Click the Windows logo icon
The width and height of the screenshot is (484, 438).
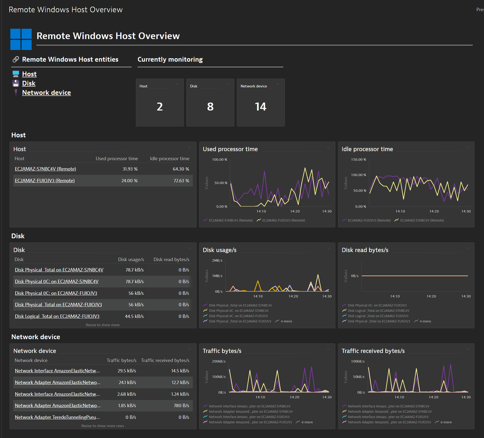(21, 39)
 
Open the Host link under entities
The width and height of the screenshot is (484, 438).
(29, 74)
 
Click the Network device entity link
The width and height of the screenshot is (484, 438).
(47, 93)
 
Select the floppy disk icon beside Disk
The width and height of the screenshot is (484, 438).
(16, 83)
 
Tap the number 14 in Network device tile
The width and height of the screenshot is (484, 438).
(260, 107)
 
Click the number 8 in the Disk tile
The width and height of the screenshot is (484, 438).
(210, 107)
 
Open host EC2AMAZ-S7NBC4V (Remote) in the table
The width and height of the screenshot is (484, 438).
(45, 169)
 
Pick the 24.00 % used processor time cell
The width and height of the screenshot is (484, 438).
(129, 181)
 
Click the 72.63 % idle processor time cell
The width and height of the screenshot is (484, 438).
(181, 181)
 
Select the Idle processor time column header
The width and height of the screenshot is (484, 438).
(170, 159)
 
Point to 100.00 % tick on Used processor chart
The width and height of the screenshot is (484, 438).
(220, 159)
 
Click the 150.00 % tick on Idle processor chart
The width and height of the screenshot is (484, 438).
(358, 159)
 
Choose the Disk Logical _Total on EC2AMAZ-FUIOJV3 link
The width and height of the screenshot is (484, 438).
(57, 316)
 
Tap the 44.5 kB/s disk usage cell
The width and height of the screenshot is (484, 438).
(134, 316)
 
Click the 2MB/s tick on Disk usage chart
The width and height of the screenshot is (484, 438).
(217, 260)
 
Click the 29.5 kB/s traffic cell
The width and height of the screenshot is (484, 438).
(127, 371)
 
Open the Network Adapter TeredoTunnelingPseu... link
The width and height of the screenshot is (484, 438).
(57, 417)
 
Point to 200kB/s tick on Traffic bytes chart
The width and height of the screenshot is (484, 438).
(219, 361)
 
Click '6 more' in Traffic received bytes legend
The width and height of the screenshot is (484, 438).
(446, 422)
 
